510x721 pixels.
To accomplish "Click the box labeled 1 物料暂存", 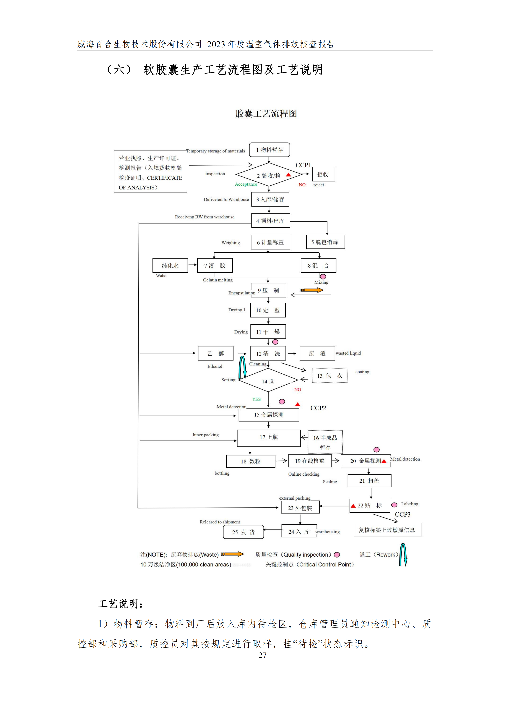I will point(269,150).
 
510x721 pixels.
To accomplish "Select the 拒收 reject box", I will point(323,174).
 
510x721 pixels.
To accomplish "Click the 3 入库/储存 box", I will point(270,199).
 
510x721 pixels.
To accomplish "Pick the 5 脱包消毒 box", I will point(325,242).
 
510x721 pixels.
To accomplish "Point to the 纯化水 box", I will point(170,265).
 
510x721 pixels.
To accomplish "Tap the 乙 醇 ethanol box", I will point(216,353).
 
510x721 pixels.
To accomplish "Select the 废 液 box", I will point(317,353).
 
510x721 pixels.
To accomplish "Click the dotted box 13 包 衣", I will point(329,376).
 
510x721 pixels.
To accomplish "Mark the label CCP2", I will point(318,408).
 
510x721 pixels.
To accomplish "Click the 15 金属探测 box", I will point(269,415).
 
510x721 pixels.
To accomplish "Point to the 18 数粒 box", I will point(250,461).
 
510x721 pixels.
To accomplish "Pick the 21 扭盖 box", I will point(369,481).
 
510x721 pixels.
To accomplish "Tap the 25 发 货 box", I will point(243,532).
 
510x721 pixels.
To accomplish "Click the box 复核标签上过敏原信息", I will point(387,530).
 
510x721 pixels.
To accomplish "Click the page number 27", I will point(262,655).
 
